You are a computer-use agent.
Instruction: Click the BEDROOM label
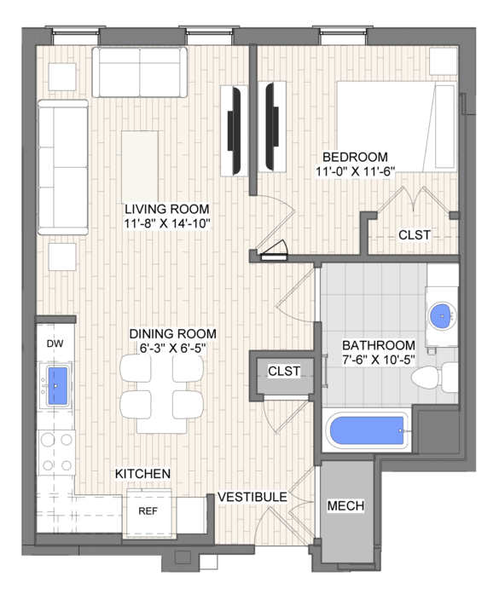tap(355, 157)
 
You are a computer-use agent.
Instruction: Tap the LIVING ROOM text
tap(167, 209)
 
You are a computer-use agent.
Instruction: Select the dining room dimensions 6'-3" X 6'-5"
tap(173, 348)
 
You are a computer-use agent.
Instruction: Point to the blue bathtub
tap(367, 430)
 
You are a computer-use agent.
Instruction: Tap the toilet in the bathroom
tap(435, 378)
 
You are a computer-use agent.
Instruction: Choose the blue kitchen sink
tap(56, 385)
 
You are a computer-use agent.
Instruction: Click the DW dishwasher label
tap(55, 343)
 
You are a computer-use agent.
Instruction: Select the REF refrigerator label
tap(148, 511)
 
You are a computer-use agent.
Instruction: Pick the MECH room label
tap(345, 505)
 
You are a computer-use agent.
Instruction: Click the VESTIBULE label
tap(252, 497)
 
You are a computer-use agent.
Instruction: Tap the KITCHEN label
tap(142, 473)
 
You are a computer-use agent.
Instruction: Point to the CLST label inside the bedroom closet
tap(415, 235)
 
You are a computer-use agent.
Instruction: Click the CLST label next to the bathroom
tap(284, 371)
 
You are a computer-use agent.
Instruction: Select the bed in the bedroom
tap(397, 126)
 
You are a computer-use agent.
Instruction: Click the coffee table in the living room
tap(140, 167)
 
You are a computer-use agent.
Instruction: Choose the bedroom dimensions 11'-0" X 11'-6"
tap(356, 171)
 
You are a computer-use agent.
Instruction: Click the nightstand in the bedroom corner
tap(443, 61)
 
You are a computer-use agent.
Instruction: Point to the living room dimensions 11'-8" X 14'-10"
tap(167, 223)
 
